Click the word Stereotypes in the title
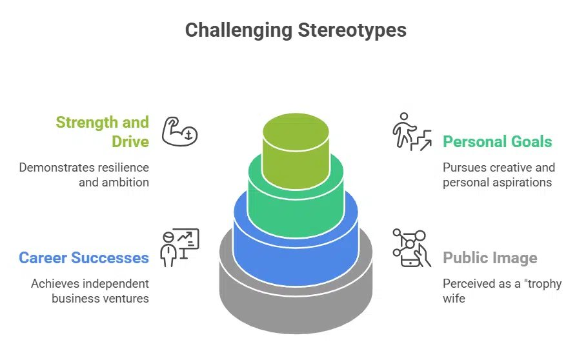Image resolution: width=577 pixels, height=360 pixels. (x=352, y=30)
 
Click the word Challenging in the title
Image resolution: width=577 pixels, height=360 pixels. (x=238, y=30)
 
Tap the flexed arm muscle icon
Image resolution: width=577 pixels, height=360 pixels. (x=179, y=131)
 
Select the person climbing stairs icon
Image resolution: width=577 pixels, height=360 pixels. (x=412, y=132)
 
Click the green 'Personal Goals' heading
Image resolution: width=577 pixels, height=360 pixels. (x=497, y=142)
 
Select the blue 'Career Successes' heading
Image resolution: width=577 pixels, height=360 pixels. (x=84, y=258)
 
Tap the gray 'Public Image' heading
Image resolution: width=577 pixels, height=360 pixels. (x=490, y=258)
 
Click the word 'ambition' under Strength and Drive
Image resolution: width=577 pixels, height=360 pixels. (x=127, y=182)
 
